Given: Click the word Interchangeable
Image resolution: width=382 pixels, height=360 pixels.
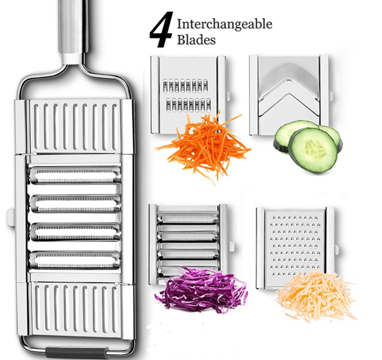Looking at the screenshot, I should coord(225,24).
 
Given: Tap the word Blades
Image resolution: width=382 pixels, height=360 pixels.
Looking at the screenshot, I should coord(196,40).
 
